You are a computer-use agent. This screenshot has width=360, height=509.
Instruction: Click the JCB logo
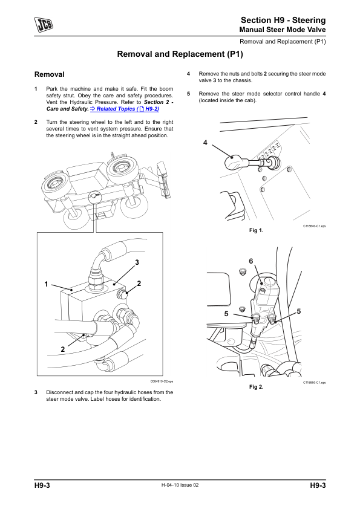[44, 25]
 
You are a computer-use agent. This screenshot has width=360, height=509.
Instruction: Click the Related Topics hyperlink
[125, 109]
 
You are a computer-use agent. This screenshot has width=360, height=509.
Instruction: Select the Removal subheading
[50, 74]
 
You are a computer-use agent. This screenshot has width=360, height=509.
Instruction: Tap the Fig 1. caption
[256, 230]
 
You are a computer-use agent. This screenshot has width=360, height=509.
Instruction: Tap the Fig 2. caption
[256, 387]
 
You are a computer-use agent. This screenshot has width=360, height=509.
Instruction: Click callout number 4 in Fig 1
[205, 143]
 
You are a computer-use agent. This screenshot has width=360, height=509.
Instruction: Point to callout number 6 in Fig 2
[251, 261]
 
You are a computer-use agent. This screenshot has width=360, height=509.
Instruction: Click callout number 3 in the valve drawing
[137, 262]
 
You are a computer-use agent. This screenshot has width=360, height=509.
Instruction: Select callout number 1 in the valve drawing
[46, 284]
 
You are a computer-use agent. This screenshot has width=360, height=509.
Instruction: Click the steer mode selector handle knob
[232, 161]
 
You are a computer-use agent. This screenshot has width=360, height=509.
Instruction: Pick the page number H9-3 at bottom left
[42, 485]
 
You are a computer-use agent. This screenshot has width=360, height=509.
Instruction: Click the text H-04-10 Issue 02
[180, 485]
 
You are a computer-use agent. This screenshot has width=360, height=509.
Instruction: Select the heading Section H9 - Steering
[283, 20]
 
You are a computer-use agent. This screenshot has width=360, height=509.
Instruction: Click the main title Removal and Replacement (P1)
[180, 54]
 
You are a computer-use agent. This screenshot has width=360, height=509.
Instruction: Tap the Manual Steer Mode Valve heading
[283, 30]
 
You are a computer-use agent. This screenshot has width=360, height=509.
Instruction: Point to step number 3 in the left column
[36, 392]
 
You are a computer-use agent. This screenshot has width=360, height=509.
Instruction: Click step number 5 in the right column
[188, 94]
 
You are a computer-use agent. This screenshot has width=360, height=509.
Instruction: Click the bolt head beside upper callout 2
[122, 294]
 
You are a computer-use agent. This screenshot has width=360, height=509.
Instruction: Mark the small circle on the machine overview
[94, 196]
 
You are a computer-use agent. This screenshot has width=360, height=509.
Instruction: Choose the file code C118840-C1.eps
[314, 226]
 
